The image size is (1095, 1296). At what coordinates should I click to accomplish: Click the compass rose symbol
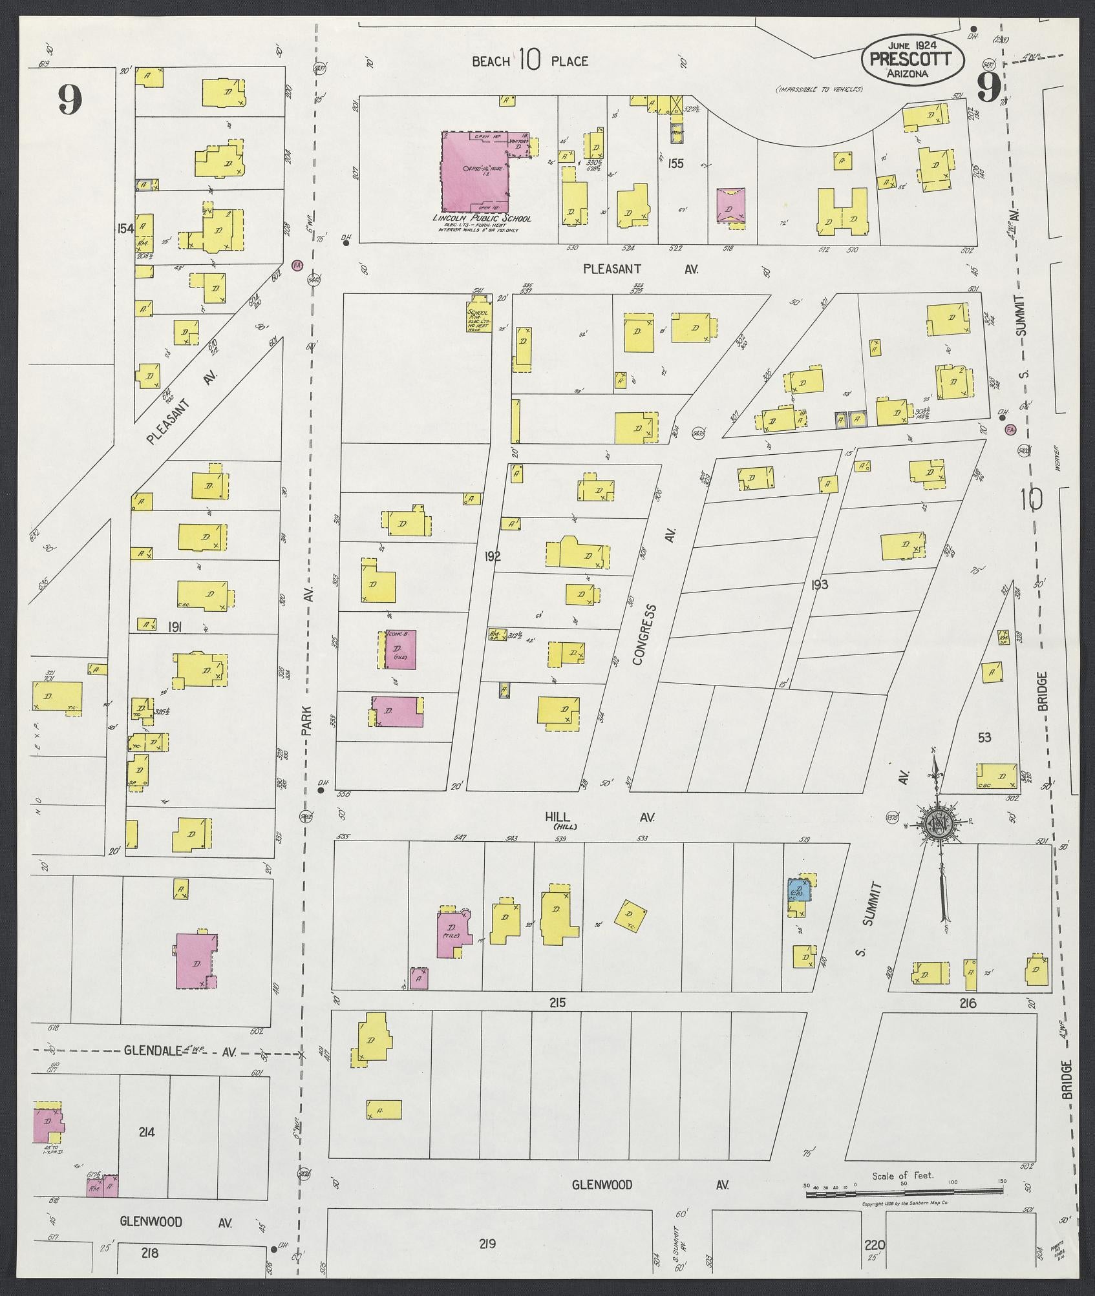(x=935, y=822)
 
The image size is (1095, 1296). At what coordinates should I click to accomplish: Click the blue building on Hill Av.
(x=797, y=892)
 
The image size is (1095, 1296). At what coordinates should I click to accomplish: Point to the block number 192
(x=492, y=556)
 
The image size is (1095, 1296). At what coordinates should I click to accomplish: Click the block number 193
(x=820, y=585)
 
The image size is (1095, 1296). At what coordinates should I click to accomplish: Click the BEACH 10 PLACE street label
(x=530, y=61)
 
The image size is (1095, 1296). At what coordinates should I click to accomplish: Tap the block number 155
(x=675, y=163)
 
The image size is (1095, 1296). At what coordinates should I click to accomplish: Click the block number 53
(x=984, y=737)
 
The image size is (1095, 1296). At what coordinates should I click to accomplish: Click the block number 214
(x=147, y=1149)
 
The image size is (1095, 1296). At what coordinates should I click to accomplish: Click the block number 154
(x=125, y=228)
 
